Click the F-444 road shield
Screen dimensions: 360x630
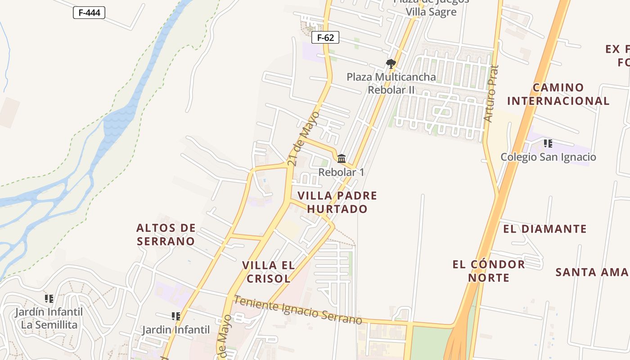pos(89,13)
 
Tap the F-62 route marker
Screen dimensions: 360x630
pos(325,38)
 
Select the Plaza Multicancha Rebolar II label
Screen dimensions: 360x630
pos(391,83)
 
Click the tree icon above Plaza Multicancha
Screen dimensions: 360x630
pos(391,64)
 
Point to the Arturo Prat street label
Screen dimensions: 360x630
pos(491,94)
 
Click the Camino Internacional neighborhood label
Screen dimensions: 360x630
pos(558,94)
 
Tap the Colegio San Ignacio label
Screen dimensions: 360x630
pos(548,157)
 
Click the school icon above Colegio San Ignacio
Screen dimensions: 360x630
pos(548,144)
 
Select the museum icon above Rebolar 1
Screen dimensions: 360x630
pos(342,158)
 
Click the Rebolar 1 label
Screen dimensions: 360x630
pos(341,172)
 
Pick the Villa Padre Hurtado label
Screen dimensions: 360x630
pos(337,202)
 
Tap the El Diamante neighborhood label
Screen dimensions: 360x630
pos(544,229)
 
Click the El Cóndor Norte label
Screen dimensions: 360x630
pos(489,271)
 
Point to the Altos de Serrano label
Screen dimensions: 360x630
pos(166,234)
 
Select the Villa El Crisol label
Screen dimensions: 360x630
pos(268,272)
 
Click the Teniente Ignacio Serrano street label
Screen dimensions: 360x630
pos(298,310)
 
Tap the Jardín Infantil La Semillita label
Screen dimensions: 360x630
pos(49,318)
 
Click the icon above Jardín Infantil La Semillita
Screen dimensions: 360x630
pos(49,298)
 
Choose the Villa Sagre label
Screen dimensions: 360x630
pos(431,12)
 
